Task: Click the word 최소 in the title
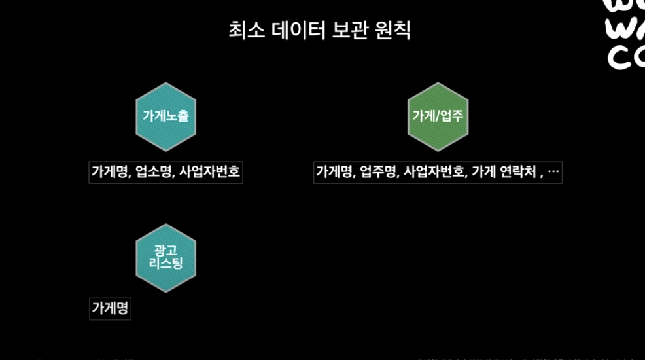tap(243, 31)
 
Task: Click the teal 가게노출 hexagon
tap(166, 117)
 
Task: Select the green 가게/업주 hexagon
tap(438, 117)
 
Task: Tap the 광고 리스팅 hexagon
tap(166, 257)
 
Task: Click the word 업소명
tap(154, 172)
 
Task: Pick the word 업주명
tap(378, 172)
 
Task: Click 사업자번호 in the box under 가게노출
tap(209, 172)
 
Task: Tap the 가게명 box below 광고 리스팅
tap(110, 308)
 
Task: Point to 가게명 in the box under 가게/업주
tap(336, 172)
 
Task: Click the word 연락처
tap(518, 172)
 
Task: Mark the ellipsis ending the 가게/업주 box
tap(553, 172)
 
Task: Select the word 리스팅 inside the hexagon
tap(166, 264)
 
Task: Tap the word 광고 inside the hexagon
tap(166, 250)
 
